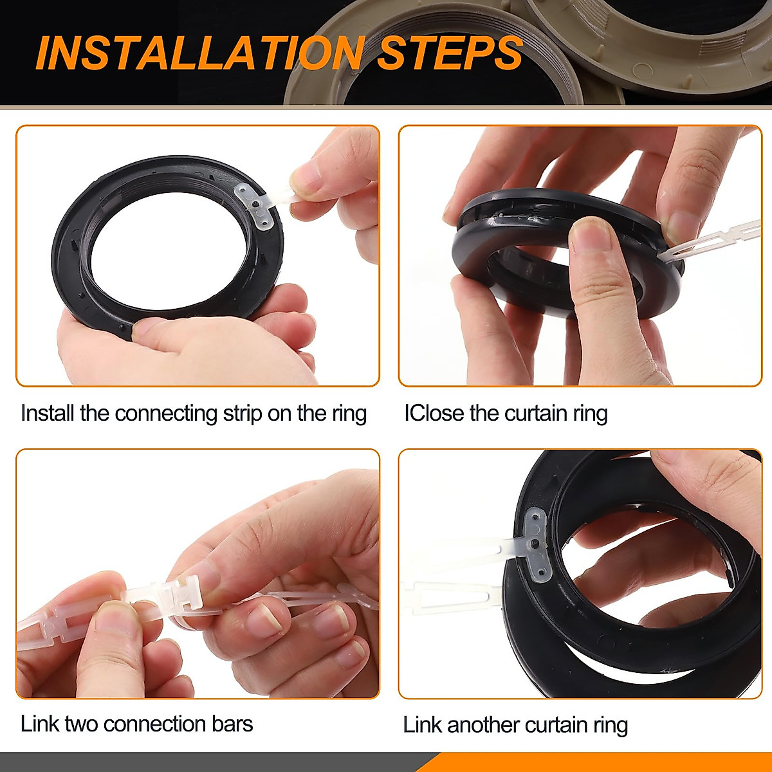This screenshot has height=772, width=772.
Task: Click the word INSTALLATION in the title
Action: pos(199,53)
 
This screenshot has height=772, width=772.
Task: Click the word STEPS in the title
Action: pos(449,53)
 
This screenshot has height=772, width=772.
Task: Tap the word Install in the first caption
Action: pos(48,413)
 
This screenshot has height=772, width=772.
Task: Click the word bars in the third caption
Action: pos(232,724)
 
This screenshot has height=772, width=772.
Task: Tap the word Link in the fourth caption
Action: pos(422,725)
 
